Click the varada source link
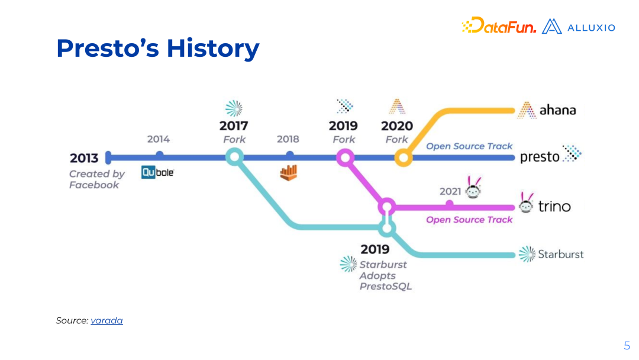point(106,321)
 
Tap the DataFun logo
point(499,25)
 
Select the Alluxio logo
point(579,27)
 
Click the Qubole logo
point(158,172)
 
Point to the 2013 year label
point(84,158)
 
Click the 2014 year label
point(159,139)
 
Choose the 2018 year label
point(288,139)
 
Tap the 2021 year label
point(450,191)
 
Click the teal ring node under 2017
point(235,157)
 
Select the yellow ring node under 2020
point(404,157)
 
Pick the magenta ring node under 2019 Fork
point(345,157)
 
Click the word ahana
point(557,110)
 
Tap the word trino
point(554,206)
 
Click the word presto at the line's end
point(540,157)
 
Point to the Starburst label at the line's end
point(561,255)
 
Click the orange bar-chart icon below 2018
point(289,173)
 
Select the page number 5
point(627,346)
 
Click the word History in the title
point(213,48)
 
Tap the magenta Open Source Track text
point(469,220)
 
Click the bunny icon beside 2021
point(473,188)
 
